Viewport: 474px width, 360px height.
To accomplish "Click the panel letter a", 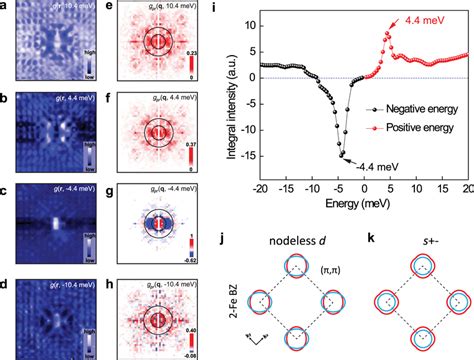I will (6, 8).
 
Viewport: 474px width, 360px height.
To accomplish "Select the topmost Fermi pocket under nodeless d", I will (299, 266).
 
